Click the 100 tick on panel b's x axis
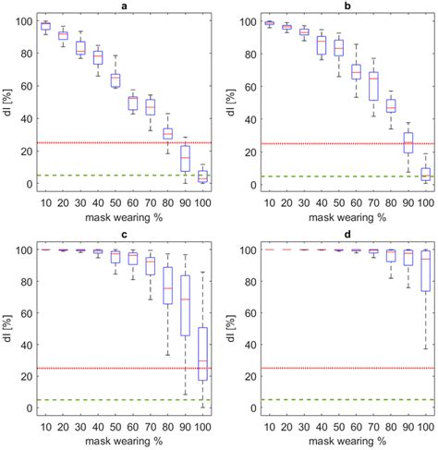pyautogui.click(x=424, y=202)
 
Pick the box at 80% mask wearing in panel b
pyautogui.click(x=390, y=105)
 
